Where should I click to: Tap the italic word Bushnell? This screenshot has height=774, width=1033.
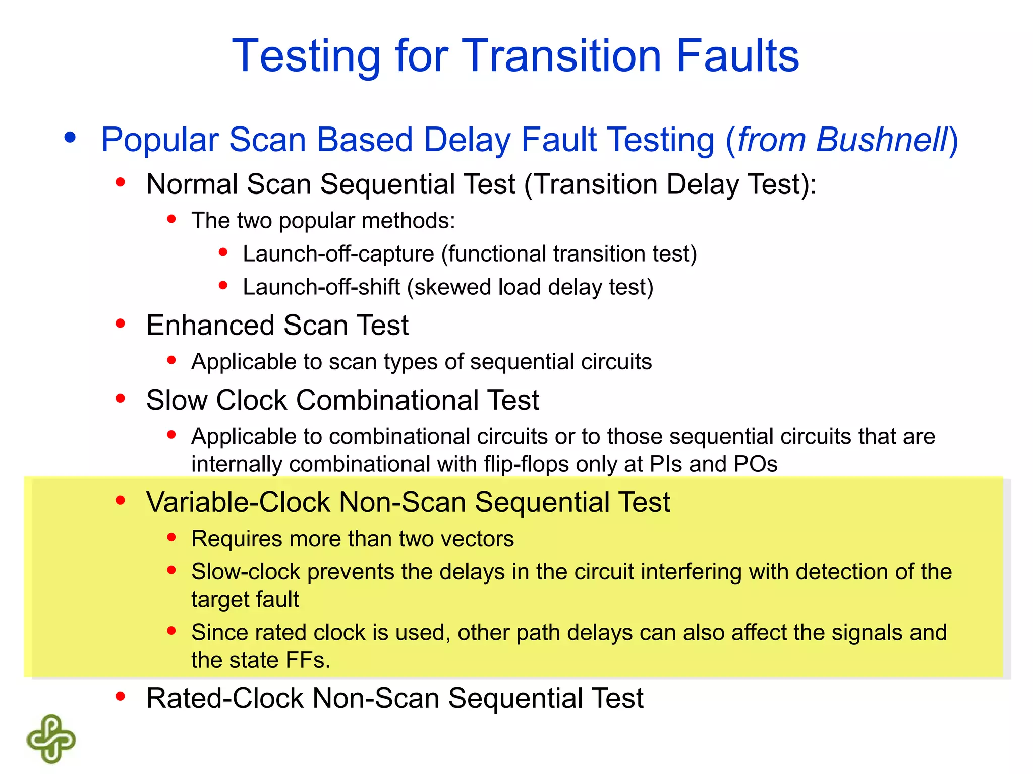(882, 140)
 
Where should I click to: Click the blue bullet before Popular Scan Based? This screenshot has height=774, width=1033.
(70, 137)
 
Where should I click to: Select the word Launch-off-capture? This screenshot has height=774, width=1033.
(338, 254)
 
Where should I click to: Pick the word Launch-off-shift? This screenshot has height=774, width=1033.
(321, 287)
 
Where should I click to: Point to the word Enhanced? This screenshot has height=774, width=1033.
(210, 325)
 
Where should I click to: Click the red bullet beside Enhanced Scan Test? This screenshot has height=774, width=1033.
(120, 324)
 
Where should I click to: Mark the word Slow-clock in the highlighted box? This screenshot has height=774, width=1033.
(246, 572)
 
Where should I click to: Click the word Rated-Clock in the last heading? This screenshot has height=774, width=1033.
(224, 698)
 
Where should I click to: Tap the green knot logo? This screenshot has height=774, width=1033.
(51, 739)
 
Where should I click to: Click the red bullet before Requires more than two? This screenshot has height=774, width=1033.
(171, 537)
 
